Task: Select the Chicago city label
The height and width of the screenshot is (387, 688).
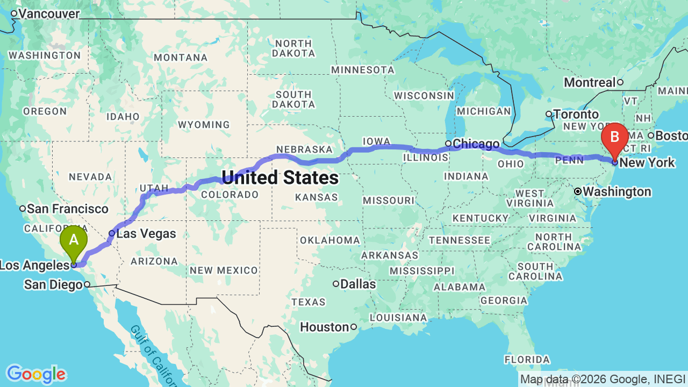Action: pyautogui.click(x=476, y=144)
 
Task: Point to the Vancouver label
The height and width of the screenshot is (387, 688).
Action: pyautogui.click(x=49, y=14)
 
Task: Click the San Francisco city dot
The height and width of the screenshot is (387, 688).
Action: pyautogui.click(x=23, y=209)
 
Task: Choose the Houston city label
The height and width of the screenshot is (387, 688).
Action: pyautogui.click(x=324, y=327)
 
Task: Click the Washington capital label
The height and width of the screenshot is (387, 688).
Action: pyautogui.click(x=617, y=192)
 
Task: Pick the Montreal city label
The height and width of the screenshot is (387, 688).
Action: pyautogui.click(x=590, y=82)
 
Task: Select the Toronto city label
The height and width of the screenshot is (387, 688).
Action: pyautogui.click(x=576, y=114)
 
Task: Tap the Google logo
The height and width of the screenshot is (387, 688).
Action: pyautogui.click(x=36, y=374)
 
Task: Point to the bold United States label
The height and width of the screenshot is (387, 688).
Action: pyautogui.click(x=280, y=177)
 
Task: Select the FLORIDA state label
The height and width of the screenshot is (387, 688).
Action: pyautogui.click(x=527, y=359)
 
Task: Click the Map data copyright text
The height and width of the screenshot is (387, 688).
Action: pyautogui.click(x=603, y=379)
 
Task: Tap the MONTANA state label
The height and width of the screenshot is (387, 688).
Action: pyautogui.click(x=181, y=58)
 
